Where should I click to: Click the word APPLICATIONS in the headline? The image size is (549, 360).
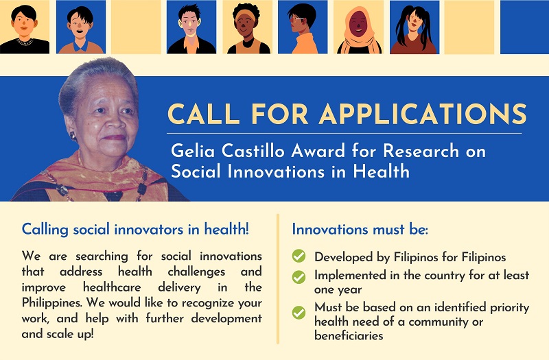(423, 114)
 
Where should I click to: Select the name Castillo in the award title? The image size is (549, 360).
(253, 151)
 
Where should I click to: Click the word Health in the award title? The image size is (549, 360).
(382, 171)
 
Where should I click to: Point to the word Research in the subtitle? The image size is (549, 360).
(421, 151)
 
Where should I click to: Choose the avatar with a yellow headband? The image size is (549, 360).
(248, 29)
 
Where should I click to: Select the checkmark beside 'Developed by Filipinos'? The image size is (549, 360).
(299, 256)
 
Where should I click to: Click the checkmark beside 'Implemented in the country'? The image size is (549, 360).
(299, 277)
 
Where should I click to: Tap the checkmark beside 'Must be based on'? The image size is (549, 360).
(299, 313)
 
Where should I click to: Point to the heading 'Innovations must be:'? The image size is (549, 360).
(360, 230)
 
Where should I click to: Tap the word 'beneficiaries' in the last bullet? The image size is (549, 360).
(349, 336)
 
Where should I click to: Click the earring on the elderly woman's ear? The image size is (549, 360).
(73, 136)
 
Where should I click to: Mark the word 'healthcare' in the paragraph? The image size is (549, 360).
(112, 287)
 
